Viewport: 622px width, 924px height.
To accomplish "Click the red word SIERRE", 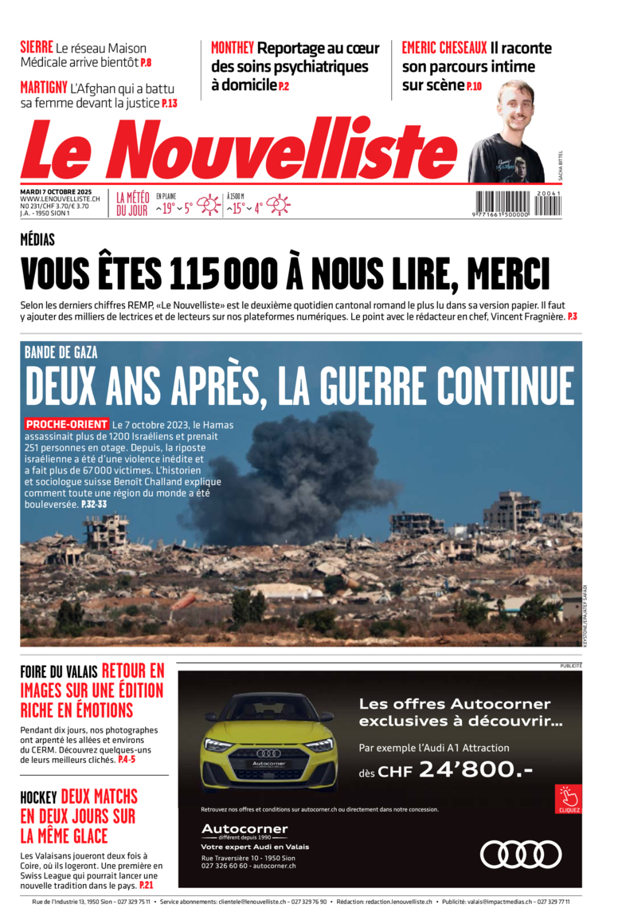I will [x=37, y=47].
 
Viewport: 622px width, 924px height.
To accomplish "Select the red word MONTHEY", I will [x=233, y=48].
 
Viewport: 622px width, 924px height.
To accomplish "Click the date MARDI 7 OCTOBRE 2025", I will [x=57, y=192].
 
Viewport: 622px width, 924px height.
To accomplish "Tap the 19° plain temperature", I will [x=166, y=209].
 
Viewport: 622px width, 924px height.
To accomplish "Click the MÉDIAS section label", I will [x=37, y=240].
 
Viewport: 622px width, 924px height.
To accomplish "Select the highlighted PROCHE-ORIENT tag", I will [x=67, y=424].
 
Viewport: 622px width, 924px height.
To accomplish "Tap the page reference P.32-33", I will [x=93, y=505].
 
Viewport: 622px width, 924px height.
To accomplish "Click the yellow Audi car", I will [x=268, y=742].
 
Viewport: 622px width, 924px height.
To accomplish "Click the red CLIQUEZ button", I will [x=569, y=799].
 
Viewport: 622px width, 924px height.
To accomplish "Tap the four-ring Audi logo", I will [x=521, y=854].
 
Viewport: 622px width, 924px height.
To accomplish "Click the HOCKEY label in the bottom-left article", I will [x=38, y=797].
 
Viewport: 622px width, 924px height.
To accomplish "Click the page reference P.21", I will [x=147, y=885].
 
